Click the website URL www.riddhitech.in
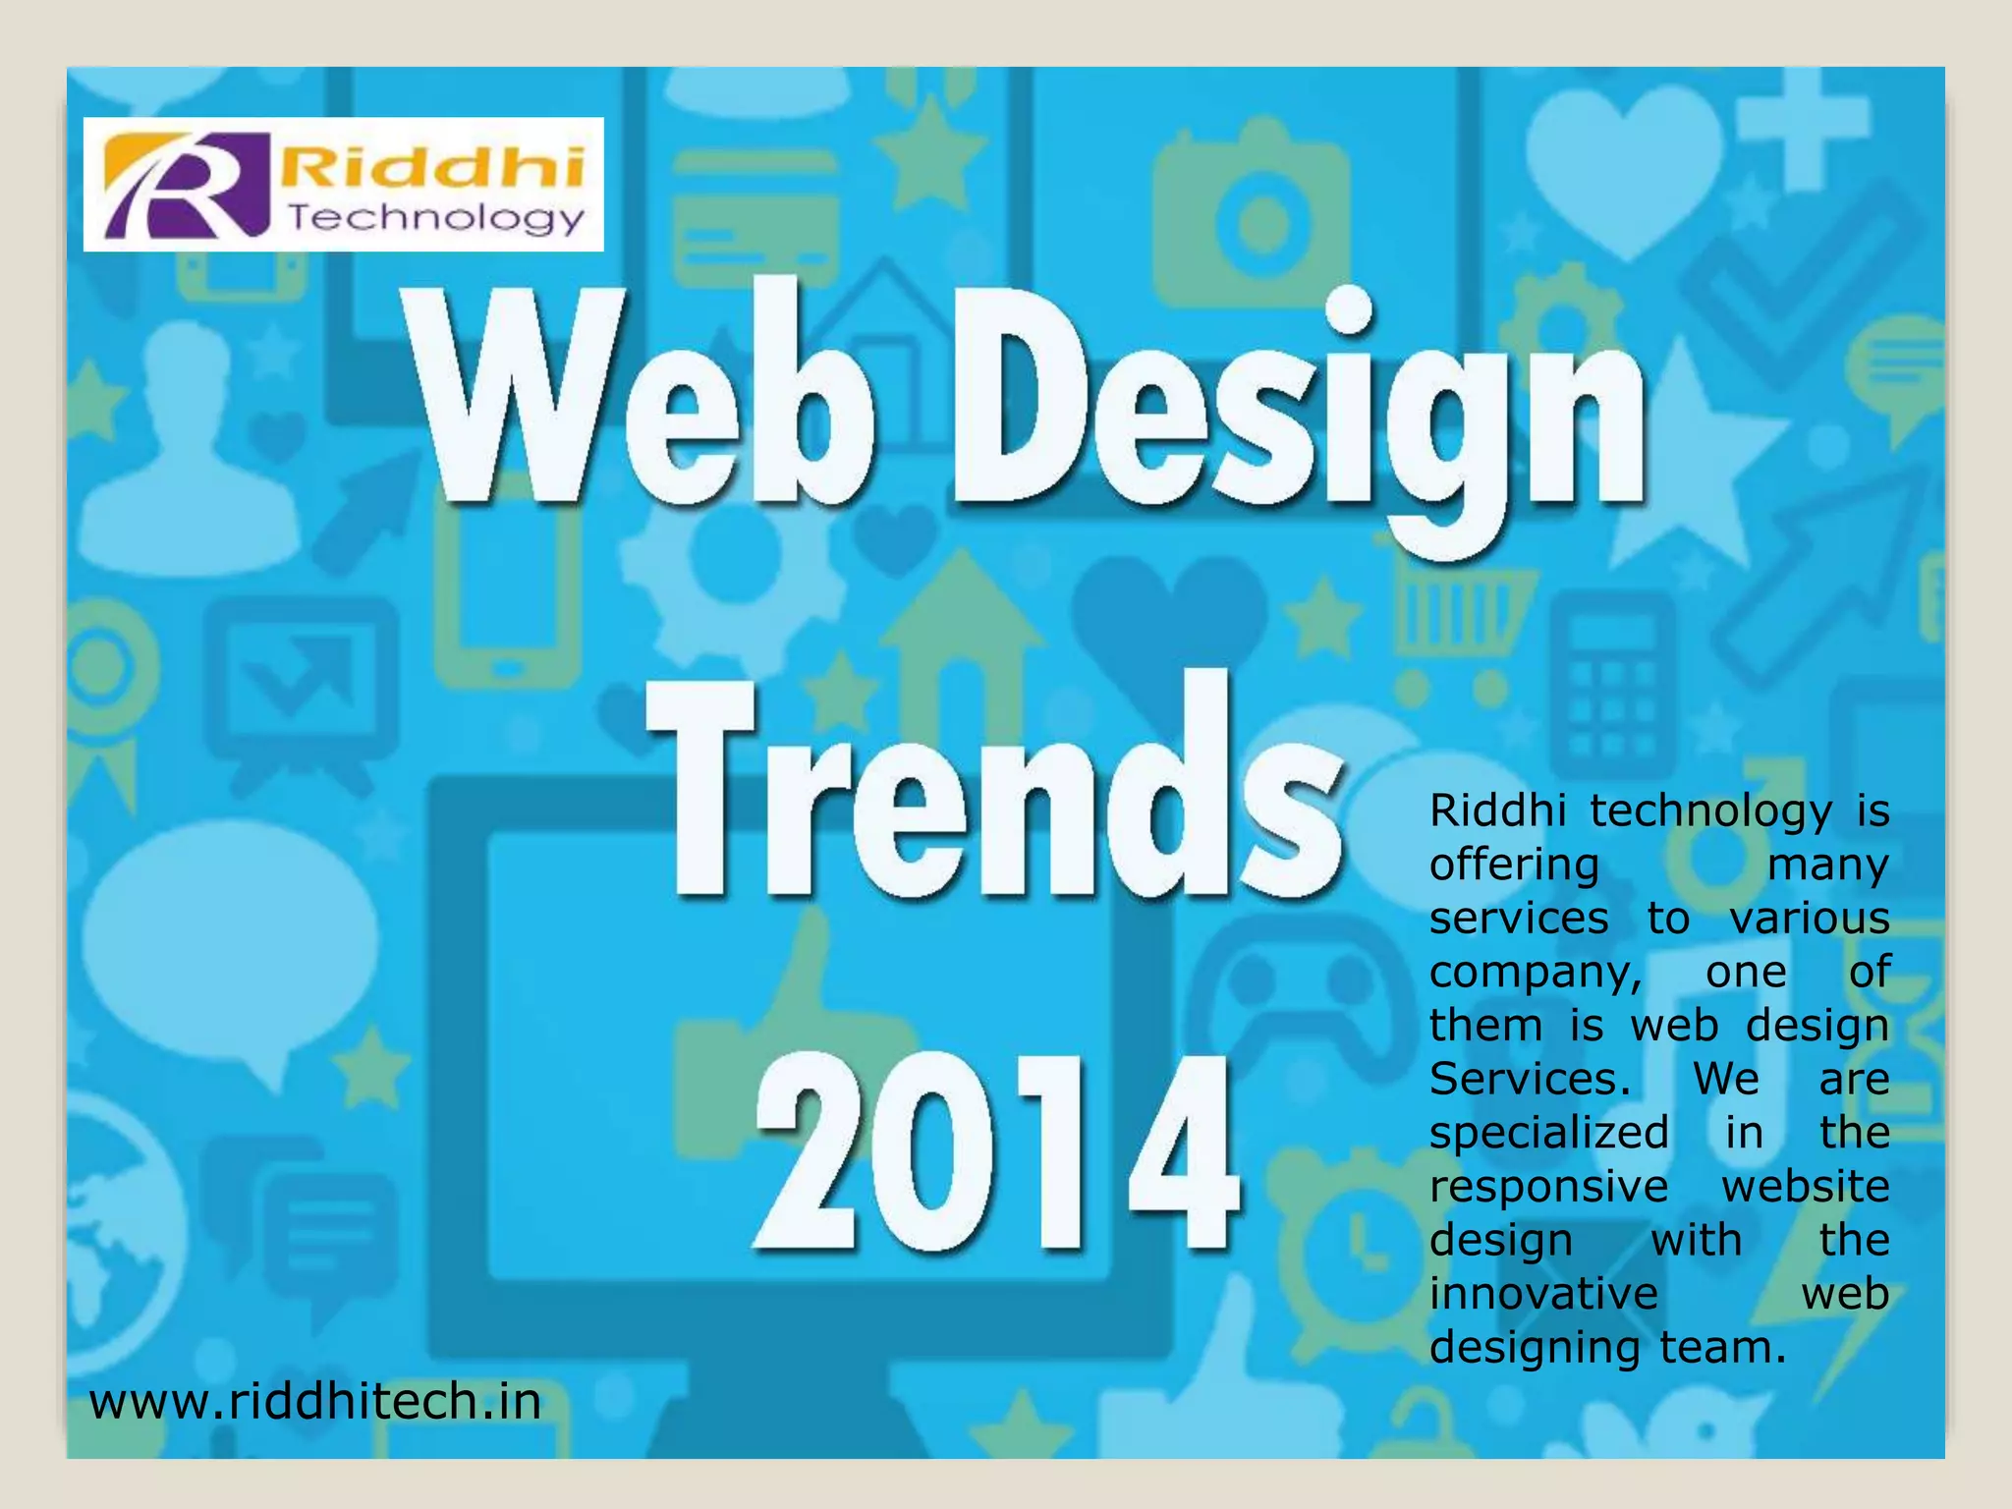click(x=314, y=1401)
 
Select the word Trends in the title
click(x=992, y=786)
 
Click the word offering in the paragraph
click(x=1514, y=866)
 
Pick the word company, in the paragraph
click(x=1536, y=973)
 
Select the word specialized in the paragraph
click(x=1548, y=1134)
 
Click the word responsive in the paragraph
click(x=1548, y=1187)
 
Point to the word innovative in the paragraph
click(x=1543, y=1293)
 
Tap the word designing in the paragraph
click(x=1534, y=1348)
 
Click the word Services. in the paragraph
click(x=1530, y=1080)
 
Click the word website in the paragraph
click(x=1805, y=1187)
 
